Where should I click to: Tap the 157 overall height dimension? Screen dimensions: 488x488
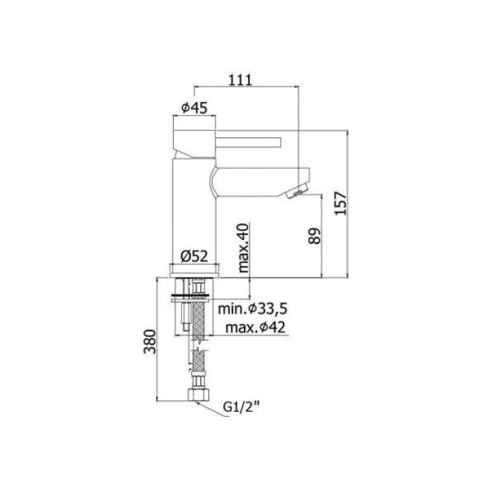click(x=339, y=203)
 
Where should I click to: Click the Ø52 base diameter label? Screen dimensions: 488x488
click(x=196, y=256)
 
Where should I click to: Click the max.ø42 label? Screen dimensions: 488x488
click(x=250, y=328)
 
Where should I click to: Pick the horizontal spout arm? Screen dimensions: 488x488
click(x=258, y=177)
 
